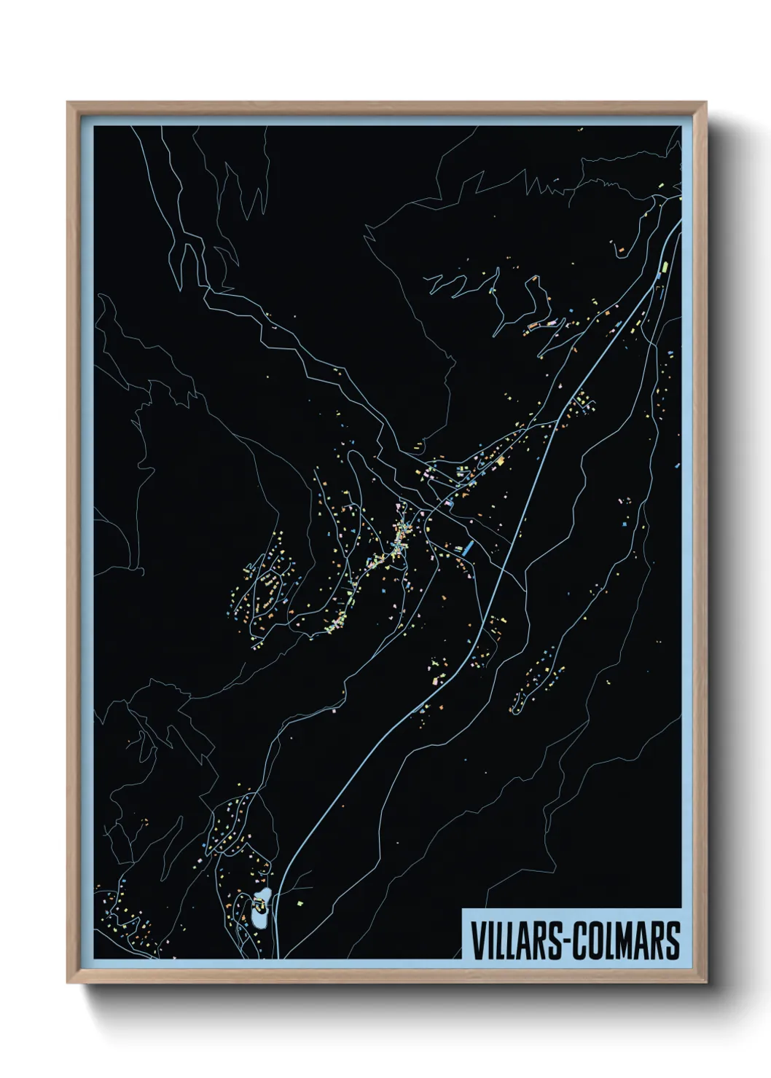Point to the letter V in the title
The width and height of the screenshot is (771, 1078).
477,940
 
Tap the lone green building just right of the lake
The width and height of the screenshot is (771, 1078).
299,903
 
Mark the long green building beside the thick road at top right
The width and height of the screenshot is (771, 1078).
665,269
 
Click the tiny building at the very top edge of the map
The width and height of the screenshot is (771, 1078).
581,130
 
